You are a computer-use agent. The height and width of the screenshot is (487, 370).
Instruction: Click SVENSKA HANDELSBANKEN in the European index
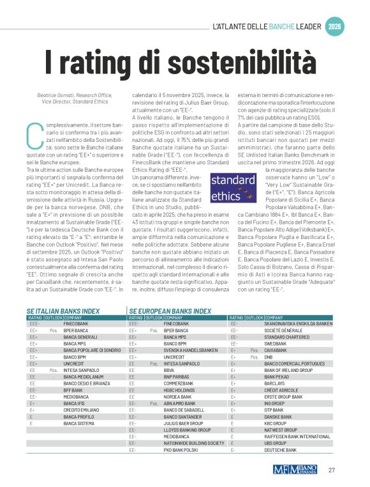point(191,350)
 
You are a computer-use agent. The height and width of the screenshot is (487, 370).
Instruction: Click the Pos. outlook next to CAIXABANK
point(253,350)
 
